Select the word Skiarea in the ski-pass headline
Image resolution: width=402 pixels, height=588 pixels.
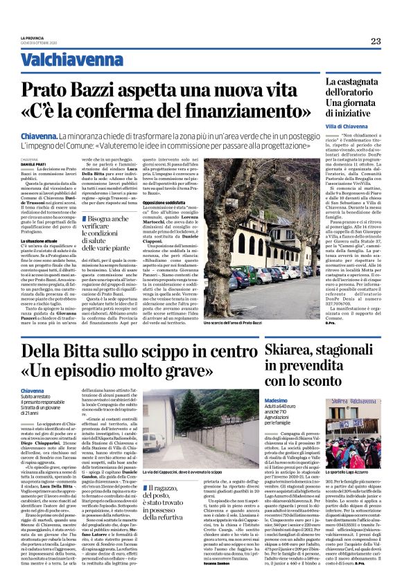pyautogui.click(x=283, y=347)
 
